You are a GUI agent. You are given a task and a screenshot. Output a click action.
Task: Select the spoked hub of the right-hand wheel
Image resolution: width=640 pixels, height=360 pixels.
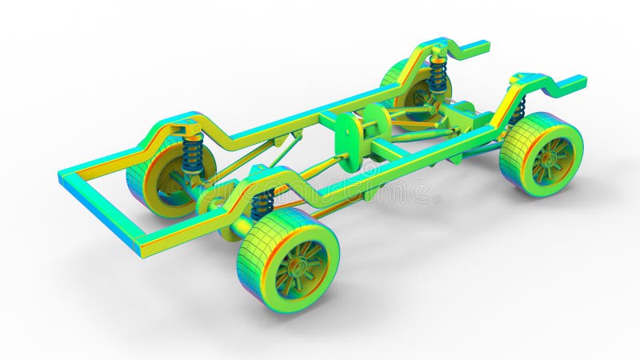(552, 160)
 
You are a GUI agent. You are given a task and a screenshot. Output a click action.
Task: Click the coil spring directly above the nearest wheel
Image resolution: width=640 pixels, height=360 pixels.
(262, 205)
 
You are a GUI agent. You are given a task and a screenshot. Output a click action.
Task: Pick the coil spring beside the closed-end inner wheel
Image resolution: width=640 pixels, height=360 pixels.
(192, 154)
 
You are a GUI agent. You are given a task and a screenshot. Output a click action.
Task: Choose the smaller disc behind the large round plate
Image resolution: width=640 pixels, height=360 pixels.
(376, 121)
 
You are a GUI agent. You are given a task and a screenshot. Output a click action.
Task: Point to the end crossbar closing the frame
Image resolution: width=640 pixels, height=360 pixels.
(100, 209)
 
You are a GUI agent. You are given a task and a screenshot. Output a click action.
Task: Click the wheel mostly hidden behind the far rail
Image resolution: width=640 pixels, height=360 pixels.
(400, 80)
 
